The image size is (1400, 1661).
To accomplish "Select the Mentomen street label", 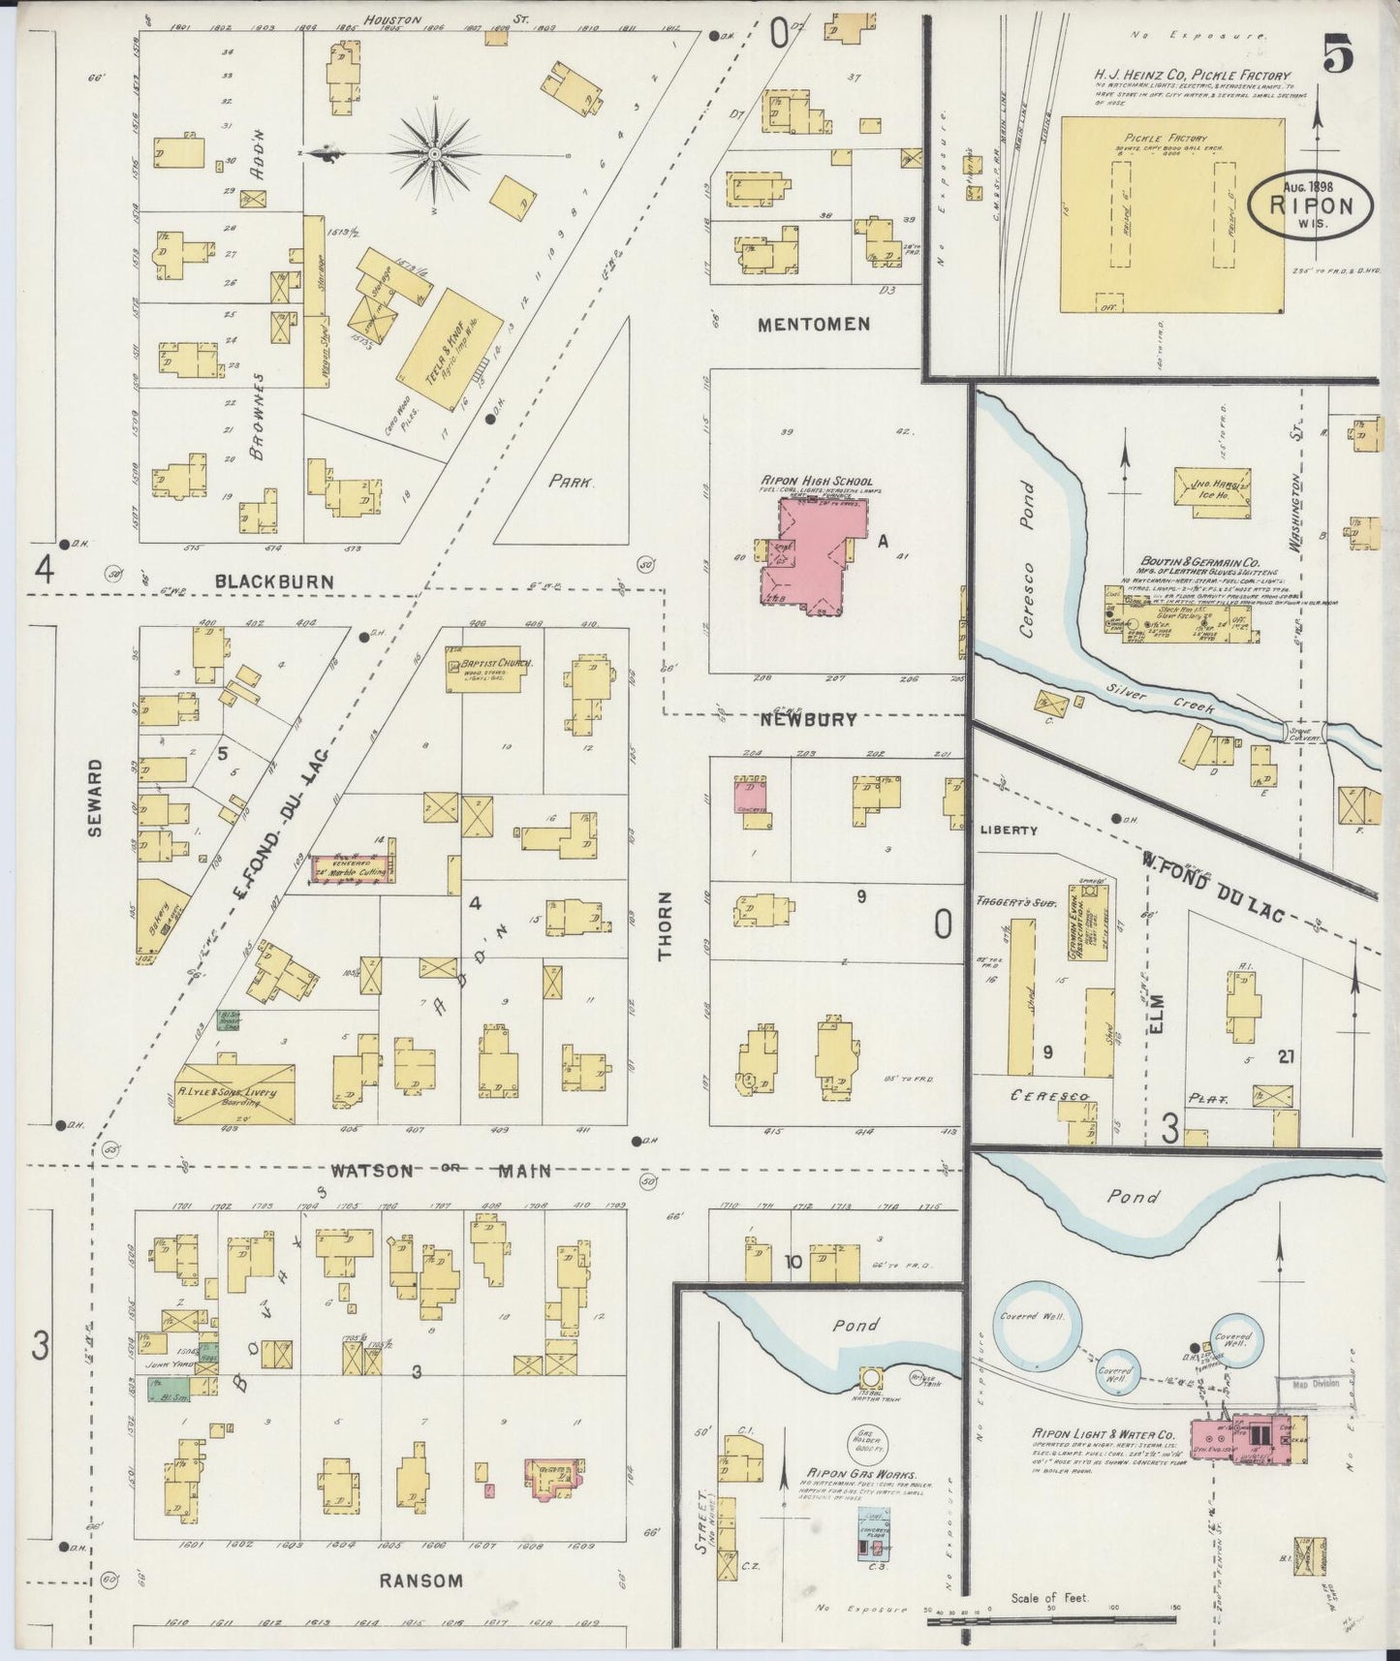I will (x=814, y=325).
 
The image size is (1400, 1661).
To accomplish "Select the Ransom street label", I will (x=420, y=1580).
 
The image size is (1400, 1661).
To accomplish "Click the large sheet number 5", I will (x=1338, y=57).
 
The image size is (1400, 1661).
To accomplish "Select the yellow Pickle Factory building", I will (x=1171, y=215).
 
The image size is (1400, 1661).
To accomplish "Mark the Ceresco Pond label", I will (x=1027, y=558).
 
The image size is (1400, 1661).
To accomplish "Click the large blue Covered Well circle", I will (x=1035, y=1332).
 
